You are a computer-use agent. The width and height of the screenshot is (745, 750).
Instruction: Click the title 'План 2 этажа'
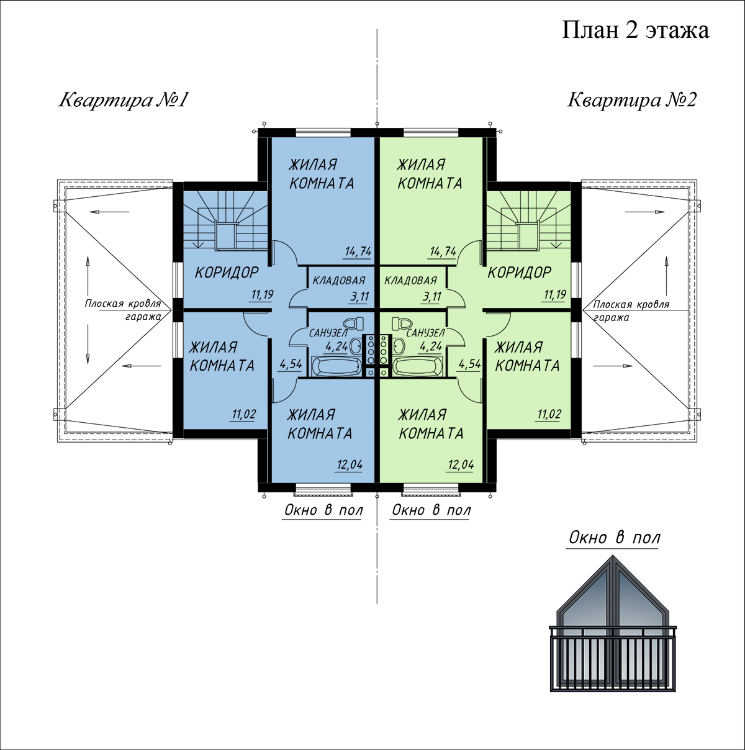click(635, 31)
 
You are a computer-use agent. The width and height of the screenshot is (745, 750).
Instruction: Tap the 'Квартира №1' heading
click(124, 99)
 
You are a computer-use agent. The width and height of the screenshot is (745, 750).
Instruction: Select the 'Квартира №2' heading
click(632, 99)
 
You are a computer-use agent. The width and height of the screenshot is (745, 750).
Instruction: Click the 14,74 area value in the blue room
click(358, 251)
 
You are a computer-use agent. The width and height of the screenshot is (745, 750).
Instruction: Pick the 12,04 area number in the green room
click(461, 464)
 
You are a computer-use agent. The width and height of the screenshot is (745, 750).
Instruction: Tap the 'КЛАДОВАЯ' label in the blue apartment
click(339, 280)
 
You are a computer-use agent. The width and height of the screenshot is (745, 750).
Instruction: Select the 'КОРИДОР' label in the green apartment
click(519, 273)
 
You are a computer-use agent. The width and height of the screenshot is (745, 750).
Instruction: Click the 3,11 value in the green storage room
click(432, 297)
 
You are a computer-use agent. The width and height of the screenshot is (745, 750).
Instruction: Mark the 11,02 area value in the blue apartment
click(243, 414)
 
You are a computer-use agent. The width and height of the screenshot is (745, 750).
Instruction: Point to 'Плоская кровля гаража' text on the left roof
click(124, 310)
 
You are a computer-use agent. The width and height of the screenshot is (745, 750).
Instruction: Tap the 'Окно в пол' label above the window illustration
click(615, 538)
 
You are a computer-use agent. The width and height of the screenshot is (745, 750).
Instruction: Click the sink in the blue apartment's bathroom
click(355, 345)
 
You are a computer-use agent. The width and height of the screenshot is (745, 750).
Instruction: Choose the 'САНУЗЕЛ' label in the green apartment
click(425, 333)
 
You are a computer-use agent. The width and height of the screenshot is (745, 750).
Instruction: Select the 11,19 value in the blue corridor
click(262, 294)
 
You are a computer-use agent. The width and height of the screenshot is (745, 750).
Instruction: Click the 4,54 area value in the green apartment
click(469, 364)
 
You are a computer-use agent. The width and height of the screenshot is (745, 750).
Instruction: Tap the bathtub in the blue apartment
click(336, 366)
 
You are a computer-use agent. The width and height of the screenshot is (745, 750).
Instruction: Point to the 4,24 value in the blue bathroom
click(336, 346)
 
